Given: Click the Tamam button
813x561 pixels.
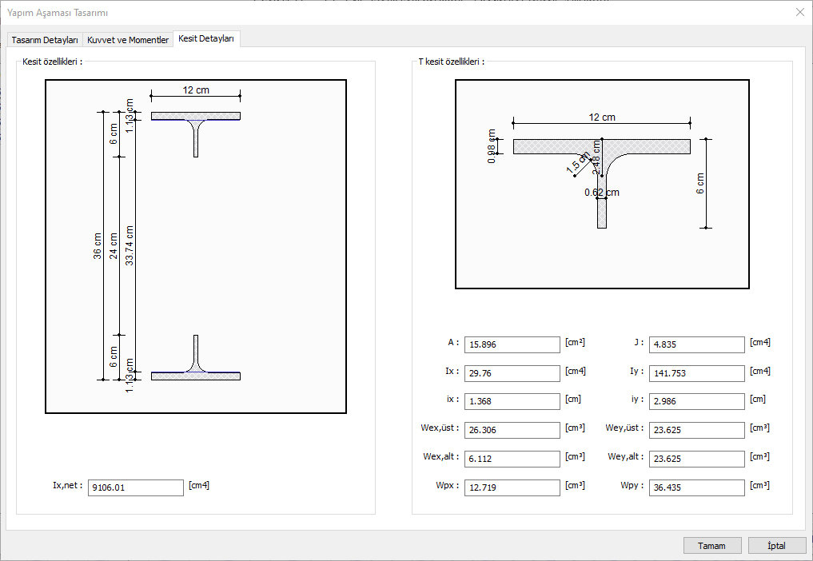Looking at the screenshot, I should pos(712,546).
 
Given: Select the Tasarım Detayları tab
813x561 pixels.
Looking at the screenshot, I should pos(45,40).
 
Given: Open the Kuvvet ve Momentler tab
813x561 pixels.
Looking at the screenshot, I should pos(128,40).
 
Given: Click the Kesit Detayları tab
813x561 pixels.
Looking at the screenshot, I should pos(206,38).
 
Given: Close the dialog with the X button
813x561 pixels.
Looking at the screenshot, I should pos(799,12).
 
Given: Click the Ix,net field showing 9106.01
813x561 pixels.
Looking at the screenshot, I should pos(136,487).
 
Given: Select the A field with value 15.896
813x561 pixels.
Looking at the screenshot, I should pos(512,344).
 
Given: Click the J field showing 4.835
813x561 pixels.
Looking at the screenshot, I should pos(696,344).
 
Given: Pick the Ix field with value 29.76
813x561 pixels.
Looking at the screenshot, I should pos(512,373).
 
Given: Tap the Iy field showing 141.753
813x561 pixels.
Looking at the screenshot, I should pos(696,373).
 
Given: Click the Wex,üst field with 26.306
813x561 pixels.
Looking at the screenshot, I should pos(512,430).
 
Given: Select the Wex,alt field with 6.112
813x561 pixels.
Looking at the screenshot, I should pos(512,459).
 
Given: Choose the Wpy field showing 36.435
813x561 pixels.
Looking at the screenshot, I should pos(696,487).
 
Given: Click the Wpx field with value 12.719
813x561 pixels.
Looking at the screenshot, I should pos(512,487).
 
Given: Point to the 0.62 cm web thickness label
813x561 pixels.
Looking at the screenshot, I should pos(601,193).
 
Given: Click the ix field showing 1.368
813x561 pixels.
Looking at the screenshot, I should pos(512,401).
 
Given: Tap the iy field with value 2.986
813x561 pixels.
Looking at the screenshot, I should pos(696,401).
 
